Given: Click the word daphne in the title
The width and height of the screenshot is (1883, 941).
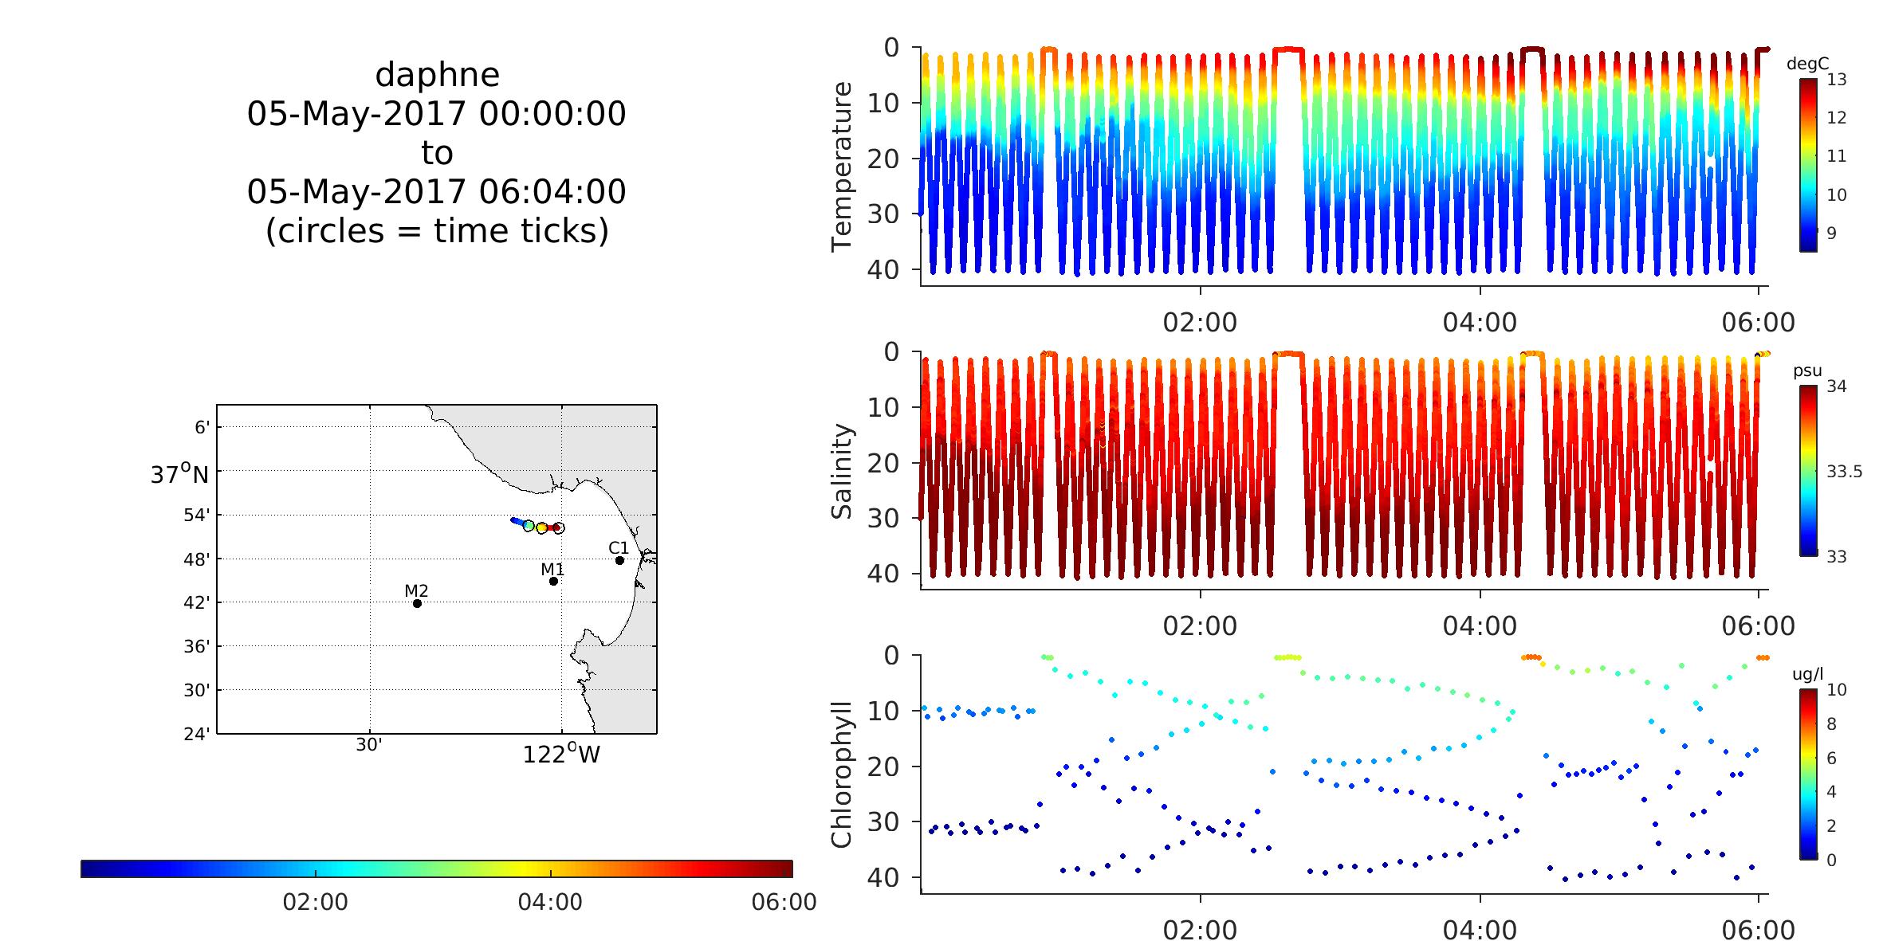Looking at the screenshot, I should coord(437,75).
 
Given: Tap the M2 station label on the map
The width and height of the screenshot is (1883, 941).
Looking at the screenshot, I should coord(416,590).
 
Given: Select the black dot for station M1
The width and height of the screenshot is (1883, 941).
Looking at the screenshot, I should coord(553,581).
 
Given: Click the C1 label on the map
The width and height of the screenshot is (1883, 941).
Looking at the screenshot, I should coord(619,548).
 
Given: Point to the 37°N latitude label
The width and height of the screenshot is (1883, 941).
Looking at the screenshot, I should coord(179,475).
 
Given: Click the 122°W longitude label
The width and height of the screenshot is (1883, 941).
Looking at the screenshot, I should coord(561,754).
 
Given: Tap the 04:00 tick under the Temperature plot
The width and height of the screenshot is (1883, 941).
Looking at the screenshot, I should coord(1480,323).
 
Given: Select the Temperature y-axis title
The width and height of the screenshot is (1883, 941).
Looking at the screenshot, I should coord(842,167).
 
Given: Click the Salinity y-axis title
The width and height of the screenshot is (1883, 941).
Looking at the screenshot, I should coord(842,471).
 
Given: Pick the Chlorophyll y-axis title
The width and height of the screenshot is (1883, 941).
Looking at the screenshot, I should coord(842,774).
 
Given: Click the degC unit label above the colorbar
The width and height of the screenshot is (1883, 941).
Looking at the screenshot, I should coord(1807,65).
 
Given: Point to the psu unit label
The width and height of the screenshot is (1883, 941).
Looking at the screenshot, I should coord(1807,371).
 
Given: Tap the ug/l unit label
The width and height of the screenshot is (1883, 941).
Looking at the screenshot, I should coord(1807,674).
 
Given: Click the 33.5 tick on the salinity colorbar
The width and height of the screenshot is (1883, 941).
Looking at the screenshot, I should coord(1844,472).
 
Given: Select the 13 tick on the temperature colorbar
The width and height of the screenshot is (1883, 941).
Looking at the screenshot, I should coord(1836,80).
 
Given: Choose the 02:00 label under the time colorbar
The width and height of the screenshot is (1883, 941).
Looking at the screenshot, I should coord(316,902).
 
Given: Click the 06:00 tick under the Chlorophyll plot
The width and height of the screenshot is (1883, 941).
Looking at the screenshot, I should coord(1759,930).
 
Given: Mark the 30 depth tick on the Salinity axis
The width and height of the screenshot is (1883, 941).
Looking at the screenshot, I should coord(883,519).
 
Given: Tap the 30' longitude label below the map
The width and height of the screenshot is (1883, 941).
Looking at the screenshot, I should coord(370,746).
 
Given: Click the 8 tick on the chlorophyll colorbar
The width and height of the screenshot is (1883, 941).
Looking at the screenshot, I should coord(1831,724).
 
